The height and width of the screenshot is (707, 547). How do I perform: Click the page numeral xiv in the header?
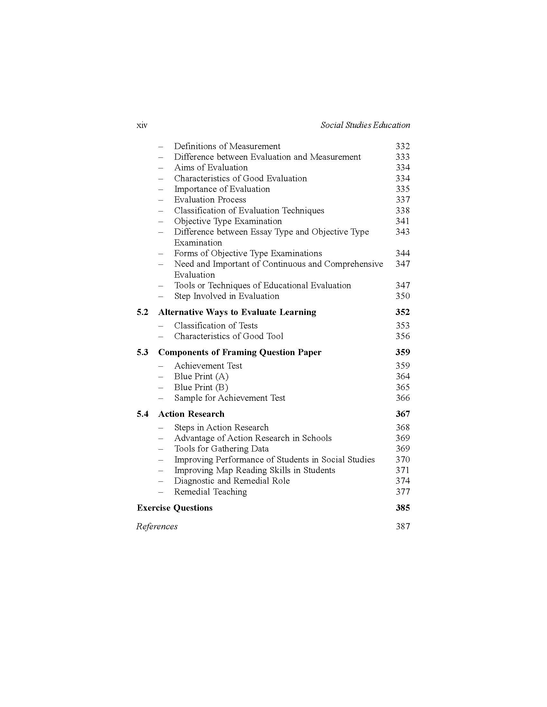tap(142, 125)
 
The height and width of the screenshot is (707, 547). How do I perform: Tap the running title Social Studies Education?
tap(365, 125)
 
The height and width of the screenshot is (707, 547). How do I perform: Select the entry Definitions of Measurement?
tap(227, 146)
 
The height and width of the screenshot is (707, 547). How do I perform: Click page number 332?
tap(403, 146)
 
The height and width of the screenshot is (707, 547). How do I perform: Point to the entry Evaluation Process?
tap(210, 200)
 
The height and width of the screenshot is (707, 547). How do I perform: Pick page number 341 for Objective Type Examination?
tap(403, 221)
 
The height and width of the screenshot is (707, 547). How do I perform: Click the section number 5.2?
tap(143, 312)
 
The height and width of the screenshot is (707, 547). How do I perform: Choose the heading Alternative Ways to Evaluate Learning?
tap(237, 312)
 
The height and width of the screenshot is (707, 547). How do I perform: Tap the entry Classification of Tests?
tap(216, 326)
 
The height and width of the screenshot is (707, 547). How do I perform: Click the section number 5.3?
tap(143, 352)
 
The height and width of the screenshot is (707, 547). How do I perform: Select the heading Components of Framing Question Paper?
tap(239, 352)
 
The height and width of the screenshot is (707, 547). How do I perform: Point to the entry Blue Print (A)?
tap(201, 377)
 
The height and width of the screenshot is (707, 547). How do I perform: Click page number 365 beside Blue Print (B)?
tap(403, 387)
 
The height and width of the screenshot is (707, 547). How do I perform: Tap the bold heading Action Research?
tap(191, 414)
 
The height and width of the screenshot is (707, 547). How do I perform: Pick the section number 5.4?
tap(143, 414)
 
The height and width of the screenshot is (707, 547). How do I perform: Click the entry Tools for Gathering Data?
tap(221, 449)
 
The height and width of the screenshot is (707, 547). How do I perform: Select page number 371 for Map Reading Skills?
tap(403, 470)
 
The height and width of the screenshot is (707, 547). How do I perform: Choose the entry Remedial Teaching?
tap(210, 492)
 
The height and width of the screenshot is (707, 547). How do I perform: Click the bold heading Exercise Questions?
tap(175, 507)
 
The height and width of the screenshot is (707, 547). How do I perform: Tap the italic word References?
tap(157, 526)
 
